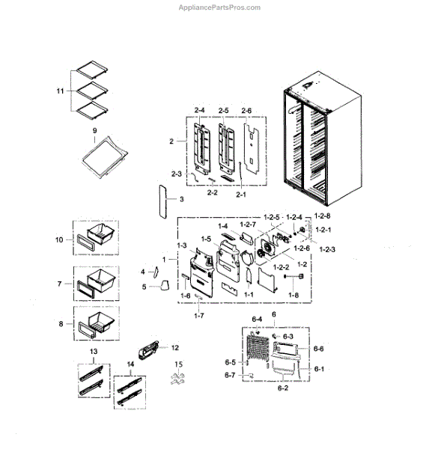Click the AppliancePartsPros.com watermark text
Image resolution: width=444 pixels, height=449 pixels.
pos(219,7)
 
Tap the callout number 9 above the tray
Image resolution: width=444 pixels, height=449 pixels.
pos(95,131)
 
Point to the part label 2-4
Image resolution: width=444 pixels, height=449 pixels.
pos(199,111)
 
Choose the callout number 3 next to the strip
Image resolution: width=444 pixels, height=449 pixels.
pos(180,199)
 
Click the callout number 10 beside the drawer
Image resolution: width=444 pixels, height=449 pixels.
pos(59,239)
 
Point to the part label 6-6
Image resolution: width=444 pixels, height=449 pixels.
pos(318,349)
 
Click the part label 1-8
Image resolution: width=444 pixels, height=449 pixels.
pos(292,296)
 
